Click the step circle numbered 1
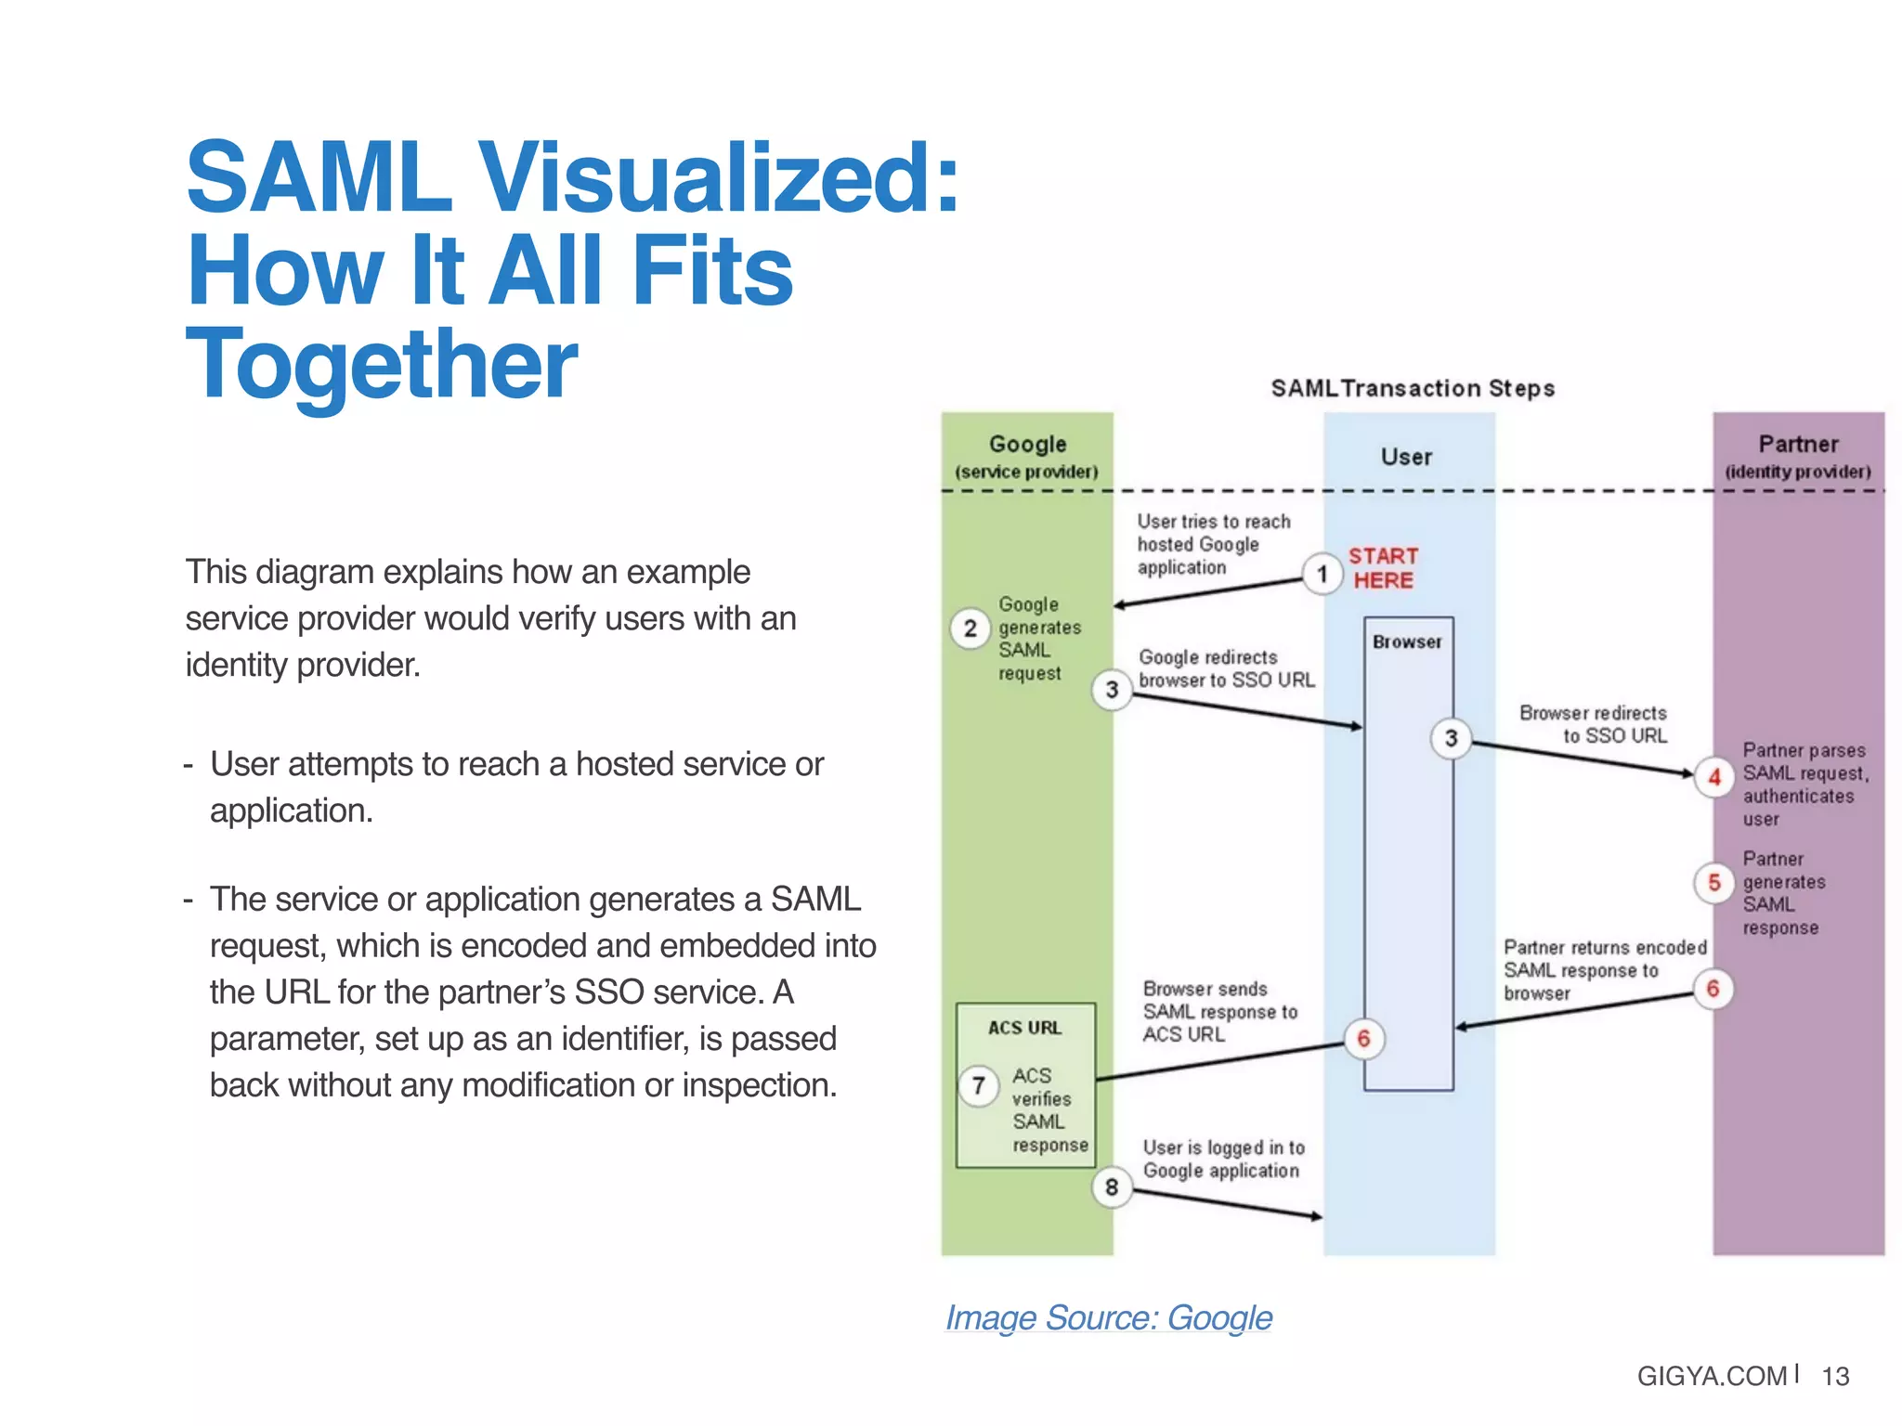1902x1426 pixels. pos(1322,574)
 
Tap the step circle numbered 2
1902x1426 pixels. pos(970,629)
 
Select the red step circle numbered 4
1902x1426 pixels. pos(1714,777)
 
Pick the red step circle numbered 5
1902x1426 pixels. pos(1714,882)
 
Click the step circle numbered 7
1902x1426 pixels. pos(978,1085)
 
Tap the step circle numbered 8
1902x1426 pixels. pos(1112,1186)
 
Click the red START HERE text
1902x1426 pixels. pos(1383,568)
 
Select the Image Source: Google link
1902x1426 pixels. pos(1108,1317)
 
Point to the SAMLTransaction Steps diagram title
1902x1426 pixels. pos(1412,388)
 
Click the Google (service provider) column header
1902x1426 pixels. pos(1027,455)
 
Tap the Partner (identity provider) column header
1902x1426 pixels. pos(1798,455)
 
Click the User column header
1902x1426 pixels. pos(1406,457)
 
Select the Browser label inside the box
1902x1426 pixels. pos(1407,642)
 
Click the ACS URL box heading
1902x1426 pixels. pos(1024,1028)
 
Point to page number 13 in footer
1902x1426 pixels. pos(1835,1376)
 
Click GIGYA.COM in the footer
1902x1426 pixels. pos(1711,1376)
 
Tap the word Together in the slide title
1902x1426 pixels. pos(382,364)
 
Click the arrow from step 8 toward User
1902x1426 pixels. pos(1226,1203)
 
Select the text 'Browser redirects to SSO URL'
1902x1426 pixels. pos(1594,724)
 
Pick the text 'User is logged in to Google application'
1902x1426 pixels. pos(1223,1159)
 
